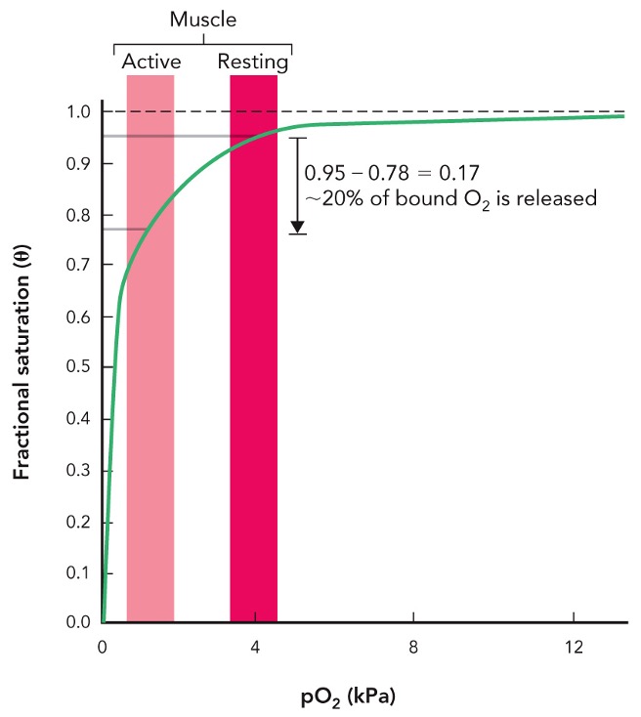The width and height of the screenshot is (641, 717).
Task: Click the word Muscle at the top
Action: (202, 20)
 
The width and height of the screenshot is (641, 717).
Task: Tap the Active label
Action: (150, 63)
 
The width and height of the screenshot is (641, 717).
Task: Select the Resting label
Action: (253, 63)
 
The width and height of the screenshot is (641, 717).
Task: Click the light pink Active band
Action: (150, 391)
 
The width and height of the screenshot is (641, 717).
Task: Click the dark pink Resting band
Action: (253, 391)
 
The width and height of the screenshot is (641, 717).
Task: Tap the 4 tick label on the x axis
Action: (255, 647)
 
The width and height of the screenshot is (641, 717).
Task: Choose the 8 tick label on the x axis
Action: (413, 647)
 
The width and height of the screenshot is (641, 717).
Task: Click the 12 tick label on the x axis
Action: (573, 647)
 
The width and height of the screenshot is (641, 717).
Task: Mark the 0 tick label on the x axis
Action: (103, 647)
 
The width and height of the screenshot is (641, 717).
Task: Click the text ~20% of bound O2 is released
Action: (449, 197)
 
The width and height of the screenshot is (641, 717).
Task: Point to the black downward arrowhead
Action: (298, 227)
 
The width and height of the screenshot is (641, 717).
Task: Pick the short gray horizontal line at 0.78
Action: (124, 229)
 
